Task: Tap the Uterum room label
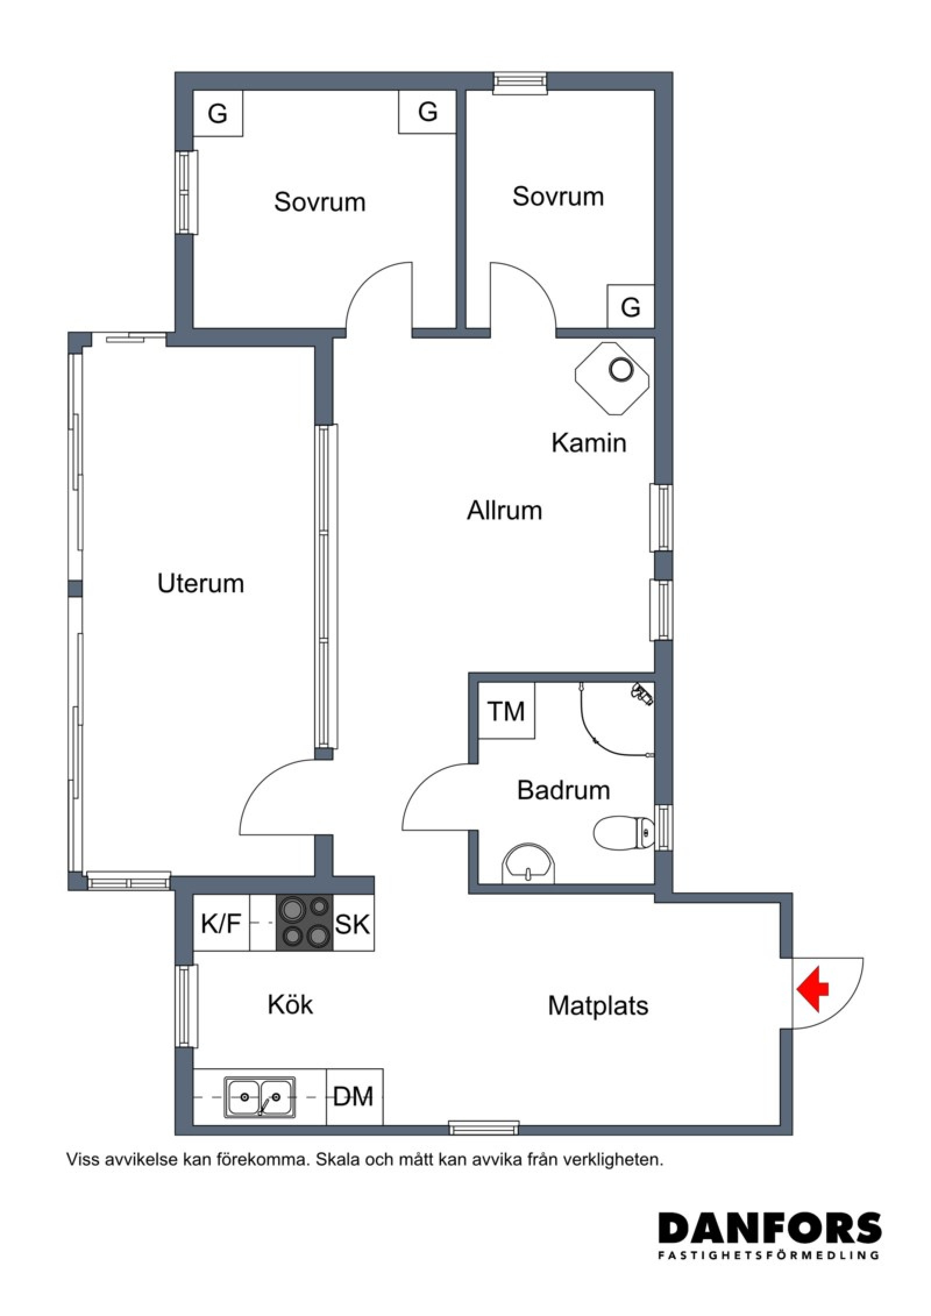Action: point(200,584)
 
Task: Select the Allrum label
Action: point(504,510)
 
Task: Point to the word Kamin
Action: point(589,443)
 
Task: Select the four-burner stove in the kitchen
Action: point(304,922)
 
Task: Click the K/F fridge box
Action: point(221,922)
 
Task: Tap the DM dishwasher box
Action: point(354,1097)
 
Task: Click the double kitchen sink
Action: point(260,1097)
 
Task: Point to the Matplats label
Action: point(598,1006)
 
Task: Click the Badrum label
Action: point(563,790)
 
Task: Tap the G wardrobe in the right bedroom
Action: point(631,306)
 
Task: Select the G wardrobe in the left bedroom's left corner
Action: point(218,113)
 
